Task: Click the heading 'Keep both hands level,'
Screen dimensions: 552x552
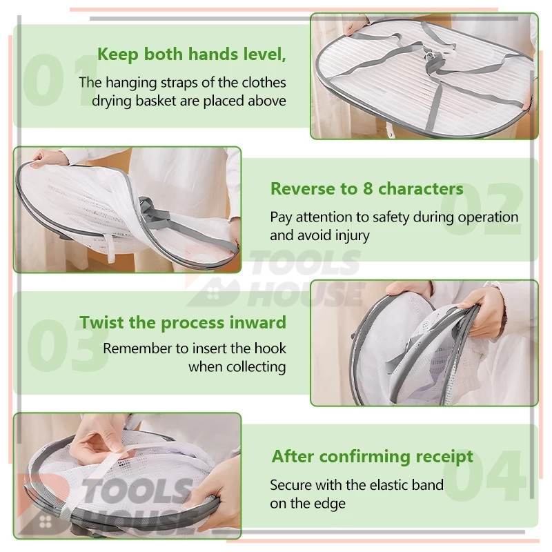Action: click(x=192, y=55)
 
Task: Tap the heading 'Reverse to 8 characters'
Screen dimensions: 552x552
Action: click(x=367, y=188)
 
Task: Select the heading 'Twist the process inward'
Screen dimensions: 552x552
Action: click(x=183, y=323)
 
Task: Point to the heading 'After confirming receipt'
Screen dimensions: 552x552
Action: click(x=372, y=457)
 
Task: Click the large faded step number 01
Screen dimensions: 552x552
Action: click(x=60, y=80)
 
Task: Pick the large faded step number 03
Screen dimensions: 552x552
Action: click(x=68, y=345)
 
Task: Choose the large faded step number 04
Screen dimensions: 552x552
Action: click(x=484, y=475)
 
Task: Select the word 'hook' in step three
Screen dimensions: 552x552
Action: click(x=270, y=348)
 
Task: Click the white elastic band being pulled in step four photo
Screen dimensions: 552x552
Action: click(x=116, y=455)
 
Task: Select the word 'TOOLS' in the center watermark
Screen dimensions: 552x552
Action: click(x=304, y=263)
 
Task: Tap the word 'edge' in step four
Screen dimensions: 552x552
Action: click(x=330, y=504)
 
